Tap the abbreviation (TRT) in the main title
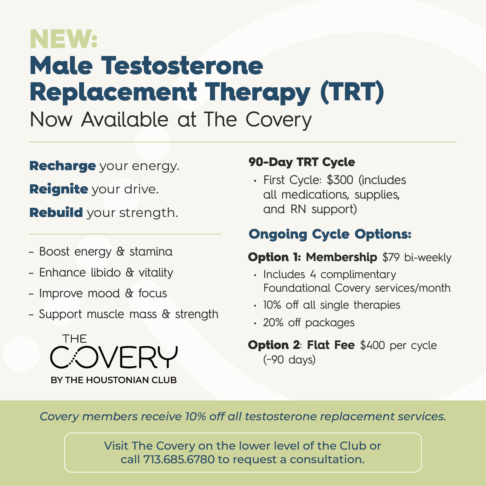pos(352,92)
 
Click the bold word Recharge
pos(63,166)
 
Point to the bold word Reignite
pos(59,189)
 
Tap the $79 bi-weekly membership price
pos(417,257)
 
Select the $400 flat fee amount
pos(372,345)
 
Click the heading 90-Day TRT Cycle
pos(302,162)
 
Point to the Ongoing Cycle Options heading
pos(330,234)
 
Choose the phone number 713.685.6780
pos(179,459)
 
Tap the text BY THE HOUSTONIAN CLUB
pos(114,380)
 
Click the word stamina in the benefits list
pos(151,252)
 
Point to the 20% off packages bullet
pos(309,323)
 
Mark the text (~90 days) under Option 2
pos(289,360)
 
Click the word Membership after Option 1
pos(341,257)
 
